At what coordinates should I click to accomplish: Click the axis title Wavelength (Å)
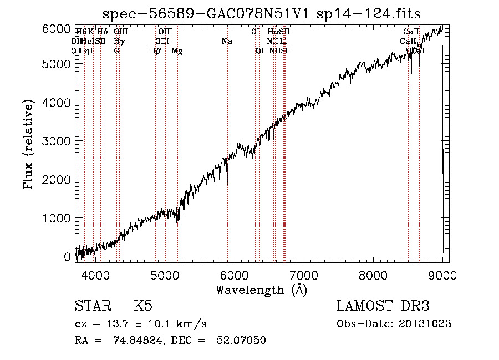[261, 289]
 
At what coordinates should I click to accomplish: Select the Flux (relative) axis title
[28, 144]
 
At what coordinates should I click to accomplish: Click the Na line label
[226, 41]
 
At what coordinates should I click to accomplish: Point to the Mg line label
[177, 51]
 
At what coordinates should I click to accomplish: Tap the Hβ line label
[155, 51]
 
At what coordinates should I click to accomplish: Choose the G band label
[116, 51]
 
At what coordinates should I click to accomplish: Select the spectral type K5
[143, 306]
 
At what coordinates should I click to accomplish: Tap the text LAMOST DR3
[383, 306]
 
